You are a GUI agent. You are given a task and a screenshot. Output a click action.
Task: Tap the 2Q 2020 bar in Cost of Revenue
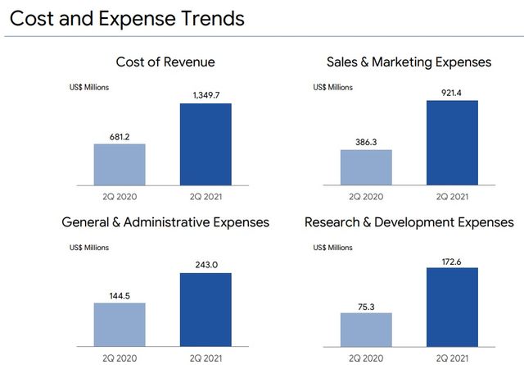coord(120,165)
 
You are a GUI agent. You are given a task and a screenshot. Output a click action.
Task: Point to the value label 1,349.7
coord(206,95)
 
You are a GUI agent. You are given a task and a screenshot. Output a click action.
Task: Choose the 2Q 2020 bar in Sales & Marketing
coord(366,167)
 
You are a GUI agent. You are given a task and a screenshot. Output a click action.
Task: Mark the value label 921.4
coord(452,92)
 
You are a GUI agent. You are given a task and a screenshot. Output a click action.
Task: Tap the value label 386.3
coord(366,141)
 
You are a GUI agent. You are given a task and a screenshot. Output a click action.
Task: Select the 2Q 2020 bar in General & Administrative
coord(120,326)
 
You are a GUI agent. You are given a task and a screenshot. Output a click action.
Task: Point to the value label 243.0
coord(206,263)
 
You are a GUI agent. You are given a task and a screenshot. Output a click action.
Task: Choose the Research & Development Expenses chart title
coord(409,222)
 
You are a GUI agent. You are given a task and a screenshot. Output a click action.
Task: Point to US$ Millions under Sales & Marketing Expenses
coord(336,85)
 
